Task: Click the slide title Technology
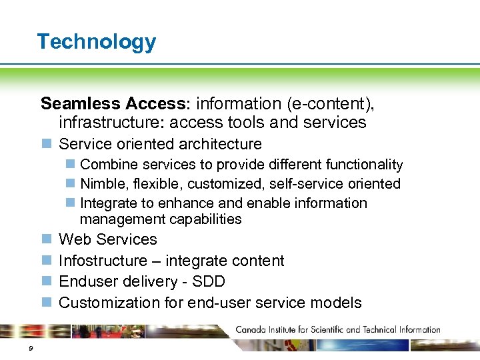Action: pyautogui.click(x=97, y=42)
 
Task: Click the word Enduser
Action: pyautogui.click(x=87, y=281)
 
